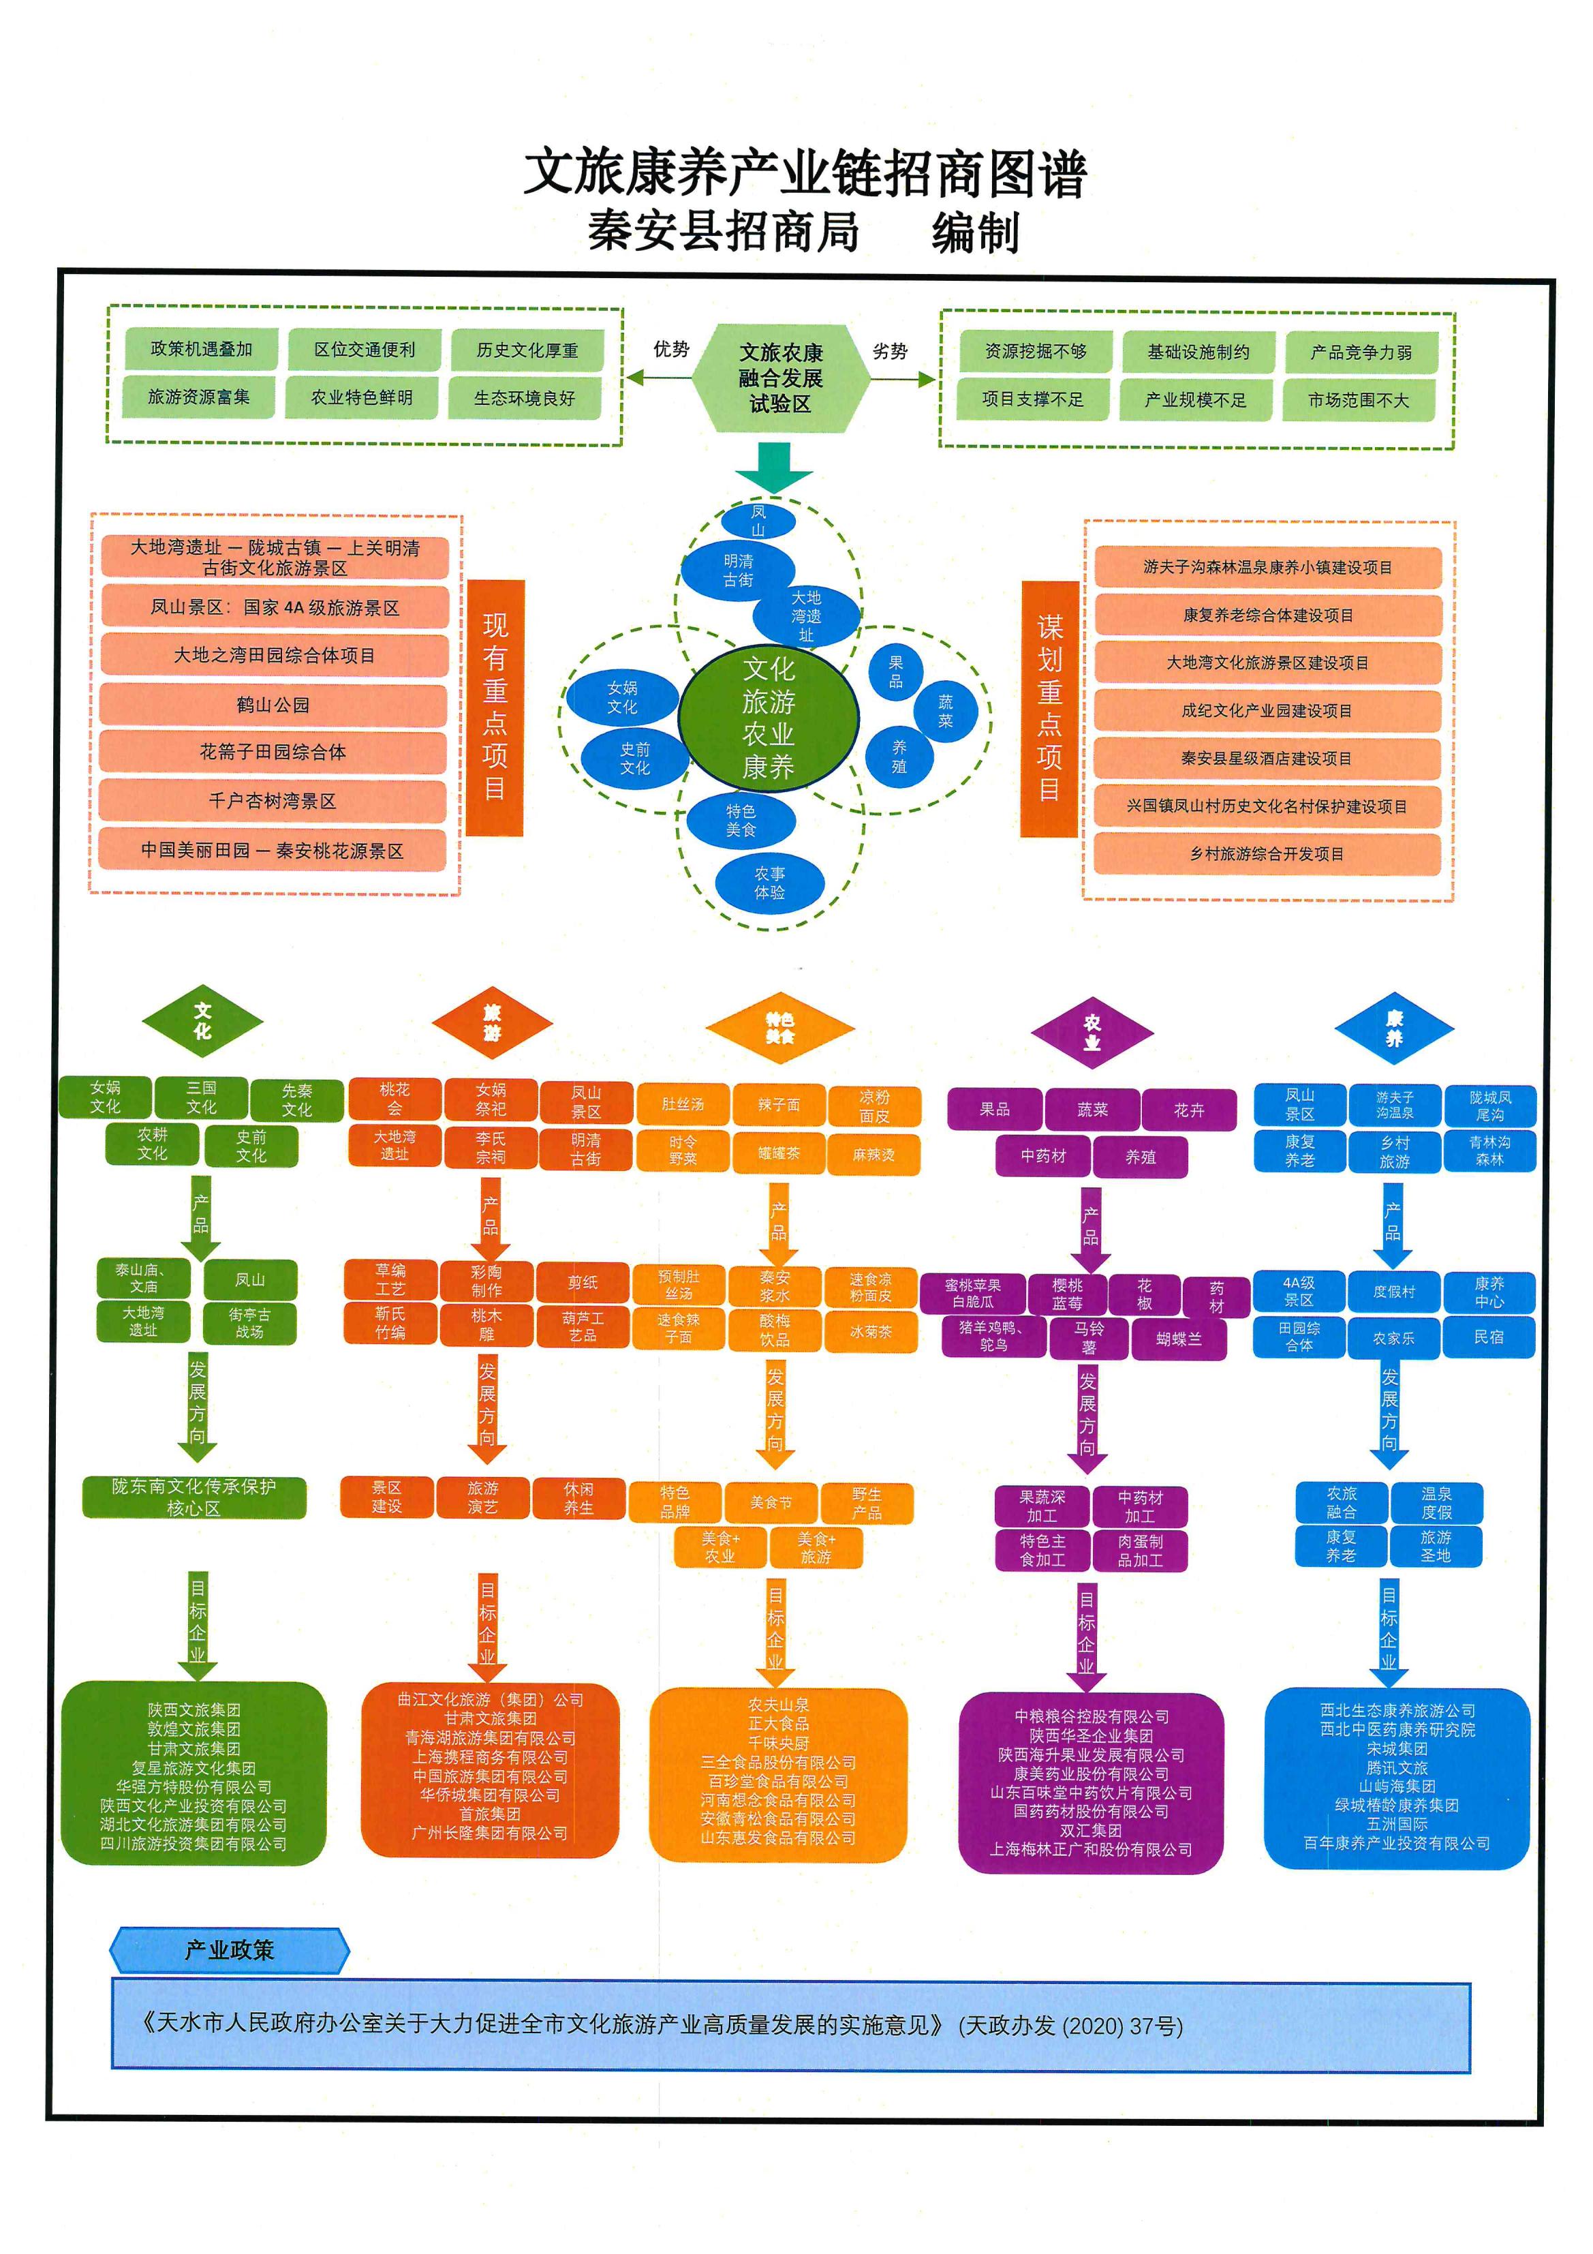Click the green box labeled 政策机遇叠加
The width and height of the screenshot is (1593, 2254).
201,350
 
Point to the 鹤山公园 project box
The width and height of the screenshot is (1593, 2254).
273,705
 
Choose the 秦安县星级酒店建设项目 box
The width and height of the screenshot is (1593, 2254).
1266,758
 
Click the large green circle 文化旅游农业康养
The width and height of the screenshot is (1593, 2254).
769,718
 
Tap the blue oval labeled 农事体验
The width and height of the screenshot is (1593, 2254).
769,883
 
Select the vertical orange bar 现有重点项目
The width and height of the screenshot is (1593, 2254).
495,707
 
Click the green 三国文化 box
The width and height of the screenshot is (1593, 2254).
201,1097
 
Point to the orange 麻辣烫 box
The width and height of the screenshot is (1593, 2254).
873,1155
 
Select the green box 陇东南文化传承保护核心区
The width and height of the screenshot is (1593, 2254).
194,1497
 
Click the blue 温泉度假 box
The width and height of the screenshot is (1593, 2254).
1436,1503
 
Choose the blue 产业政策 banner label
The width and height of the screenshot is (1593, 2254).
230,1951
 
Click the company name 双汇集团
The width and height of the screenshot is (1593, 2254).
1090,1830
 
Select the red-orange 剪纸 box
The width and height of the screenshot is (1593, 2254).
583,1282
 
